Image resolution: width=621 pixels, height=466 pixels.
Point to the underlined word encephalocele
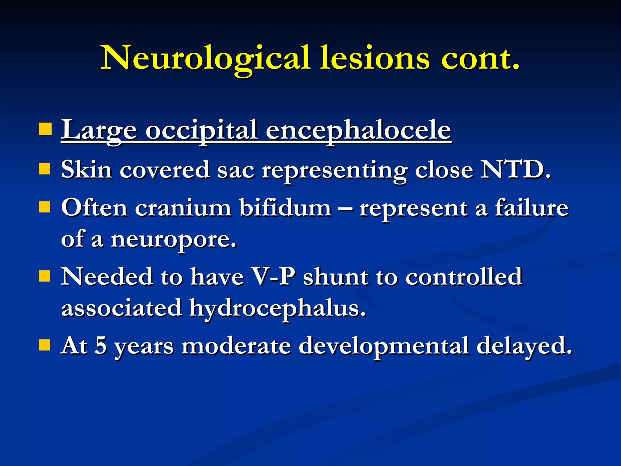pyautogui.click(x=358, y=130)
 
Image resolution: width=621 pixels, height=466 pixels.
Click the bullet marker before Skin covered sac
pyautogui.click(x=45, y=169)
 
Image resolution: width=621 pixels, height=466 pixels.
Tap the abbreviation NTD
pyautogui.click(x=515, y=169)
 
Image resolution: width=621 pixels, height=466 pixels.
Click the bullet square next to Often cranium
pyautogui.click(x=45, y=208)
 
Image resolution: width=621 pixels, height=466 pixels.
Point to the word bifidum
pyautogui.click(x=285, y=208)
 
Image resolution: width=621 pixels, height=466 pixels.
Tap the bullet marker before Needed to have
pyautogui.click(x=45, y=276)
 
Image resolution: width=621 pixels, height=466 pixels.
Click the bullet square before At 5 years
pyautogui.click(x=45, y=345)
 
